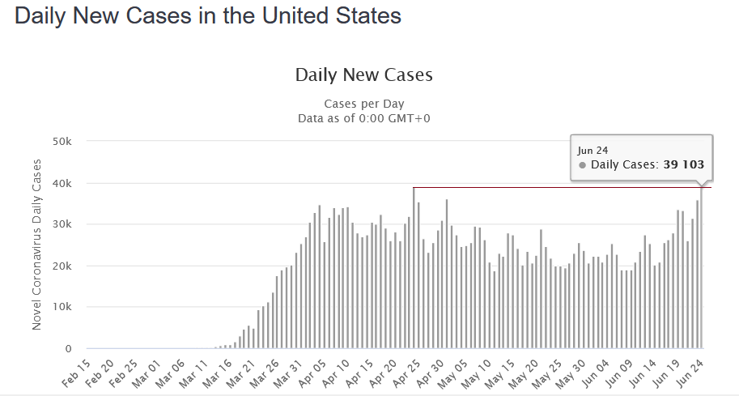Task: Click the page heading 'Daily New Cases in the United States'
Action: (x=208, y=17)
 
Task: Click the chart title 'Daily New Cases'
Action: (x=364, y=75)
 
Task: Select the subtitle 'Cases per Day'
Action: (x=364, y=104)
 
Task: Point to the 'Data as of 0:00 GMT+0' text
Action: (x=364, y=118)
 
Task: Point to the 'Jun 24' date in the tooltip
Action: (x=588, y=150)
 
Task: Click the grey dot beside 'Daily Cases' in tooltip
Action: (x=582, y=165)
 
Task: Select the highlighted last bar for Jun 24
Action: (x=702, y=268)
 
